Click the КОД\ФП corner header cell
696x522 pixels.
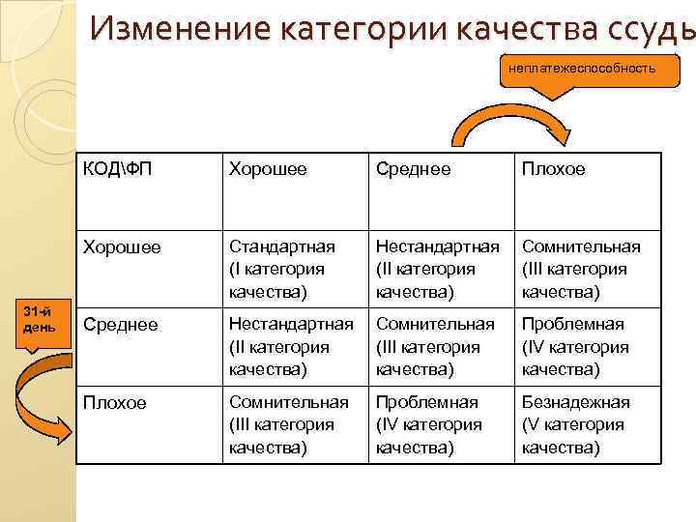117,170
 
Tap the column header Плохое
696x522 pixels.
554,170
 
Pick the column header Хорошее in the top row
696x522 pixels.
268,170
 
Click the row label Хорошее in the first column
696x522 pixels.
123,247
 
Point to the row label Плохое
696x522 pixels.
116,402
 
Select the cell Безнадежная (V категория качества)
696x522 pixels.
576,424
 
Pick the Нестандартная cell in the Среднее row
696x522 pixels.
290,346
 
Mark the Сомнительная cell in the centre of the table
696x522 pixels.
435,346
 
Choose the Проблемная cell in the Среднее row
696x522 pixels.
574,346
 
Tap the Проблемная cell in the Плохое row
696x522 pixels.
427,424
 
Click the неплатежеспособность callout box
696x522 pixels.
577,69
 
